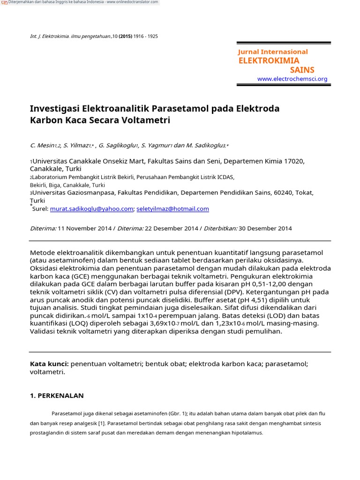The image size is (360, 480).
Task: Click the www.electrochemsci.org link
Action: coord(292,79)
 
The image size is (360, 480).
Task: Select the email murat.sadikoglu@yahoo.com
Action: coord(91,209)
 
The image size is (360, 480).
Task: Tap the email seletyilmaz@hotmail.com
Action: coord(172,209)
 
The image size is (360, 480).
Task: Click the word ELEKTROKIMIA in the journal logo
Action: coord(269,60)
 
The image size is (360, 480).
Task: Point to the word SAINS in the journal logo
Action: coord(302,70)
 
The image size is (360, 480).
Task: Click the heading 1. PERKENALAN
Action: coord(57,396)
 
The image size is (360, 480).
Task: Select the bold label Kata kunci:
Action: coord(49,364)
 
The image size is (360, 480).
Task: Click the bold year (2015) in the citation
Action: coord(125,37)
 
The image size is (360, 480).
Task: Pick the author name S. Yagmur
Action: coord(157,146)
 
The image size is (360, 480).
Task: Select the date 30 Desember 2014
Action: coord(265,229)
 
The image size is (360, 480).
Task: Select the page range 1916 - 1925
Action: coord(146,37)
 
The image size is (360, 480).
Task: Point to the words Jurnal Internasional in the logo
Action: coord(273,52)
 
